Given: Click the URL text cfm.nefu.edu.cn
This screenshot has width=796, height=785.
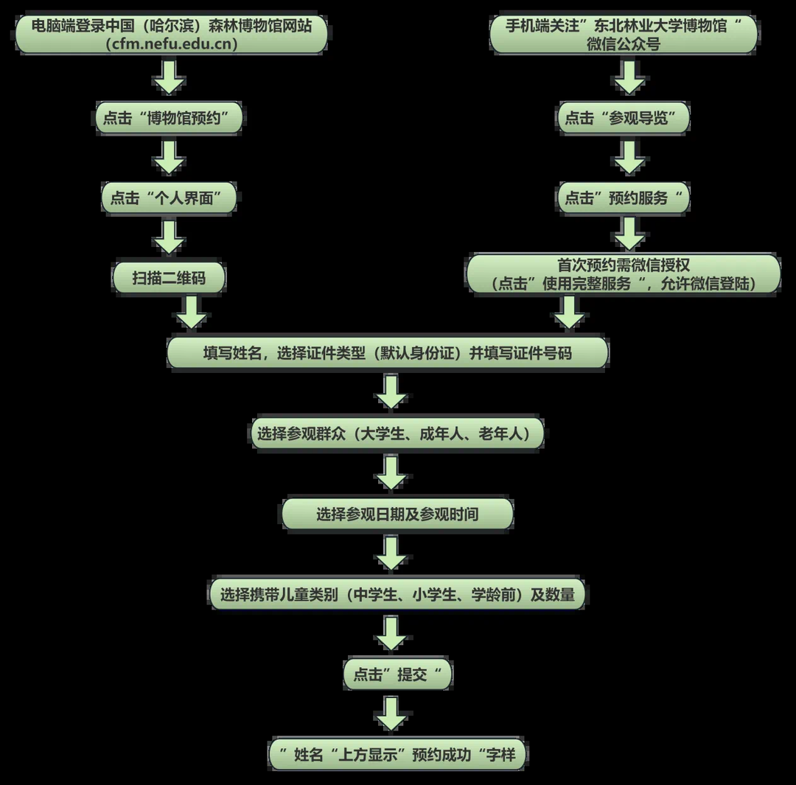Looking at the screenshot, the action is click(x=172, y=43).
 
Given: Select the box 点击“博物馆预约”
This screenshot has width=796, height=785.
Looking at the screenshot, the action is click(x=169, y=118).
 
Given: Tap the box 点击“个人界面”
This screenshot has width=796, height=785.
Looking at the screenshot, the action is click(x=169, y=198).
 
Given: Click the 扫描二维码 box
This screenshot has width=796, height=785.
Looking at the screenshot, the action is click(x=169, y=278).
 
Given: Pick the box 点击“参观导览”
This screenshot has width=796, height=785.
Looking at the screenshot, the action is click(x=624, y=118).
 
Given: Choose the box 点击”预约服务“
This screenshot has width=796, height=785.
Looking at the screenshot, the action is click(x=624, y=198).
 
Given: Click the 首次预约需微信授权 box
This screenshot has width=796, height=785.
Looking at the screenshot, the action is click(x=624, y=274).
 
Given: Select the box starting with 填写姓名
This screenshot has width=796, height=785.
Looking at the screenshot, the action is click(x=388, y=353).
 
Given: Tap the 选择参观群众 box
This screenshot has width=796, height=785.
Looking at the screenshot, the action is click(x=397, y=433).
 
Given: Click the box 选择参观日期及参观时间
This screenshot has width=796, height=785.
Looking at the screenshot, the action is click(x=397, y=514).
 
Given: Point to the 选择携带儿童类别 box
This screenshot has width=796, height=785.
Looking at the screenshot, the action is click(x=397, y=594).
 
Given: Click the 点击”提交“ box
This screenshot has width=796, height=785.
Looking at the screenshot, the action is click(x=397, y=674).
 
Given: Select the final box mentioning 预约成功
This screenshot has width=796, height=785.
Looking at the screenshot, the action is click(x=397, y=754).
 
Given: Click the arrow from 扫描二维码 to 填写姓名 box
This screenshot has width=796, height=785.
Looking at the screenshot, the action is click(x=192, y=313).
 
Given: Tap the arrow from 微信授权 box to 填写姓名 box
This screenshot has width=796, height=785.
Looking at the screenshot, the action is click(x=569, y=313).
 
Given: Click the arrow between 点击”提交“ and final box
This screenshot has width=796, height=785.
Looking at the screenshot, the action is click(x=391, y=714).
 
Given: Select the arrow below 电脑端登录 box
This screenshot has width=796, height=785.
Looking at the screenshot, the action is click(x=169, y=77).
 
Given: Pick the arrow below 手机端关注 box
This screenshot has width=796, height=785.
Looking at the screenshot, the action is click(x=629, y=77).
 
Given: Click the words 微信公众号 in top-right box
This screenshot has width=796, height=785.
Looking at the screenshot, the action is click(x=624, y=44).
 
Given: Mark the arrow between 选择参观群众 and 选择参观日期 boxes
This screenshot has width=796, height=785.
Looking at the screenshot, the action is click(x=391, y=472).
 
